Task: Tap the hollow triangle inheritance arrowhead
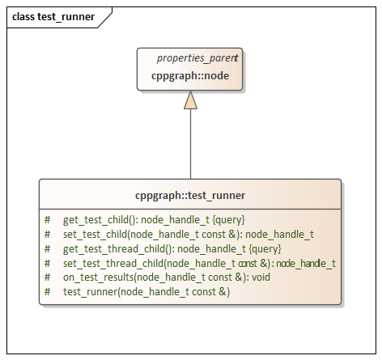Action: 190,100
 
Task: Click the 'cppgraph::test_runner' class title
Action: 190,195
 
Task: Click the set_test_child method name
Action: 97,234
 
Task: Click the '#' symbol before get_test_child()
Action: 48,219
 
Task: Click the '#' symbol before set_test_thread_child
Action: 48,263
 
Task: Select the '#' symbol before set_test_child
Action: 48,234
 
